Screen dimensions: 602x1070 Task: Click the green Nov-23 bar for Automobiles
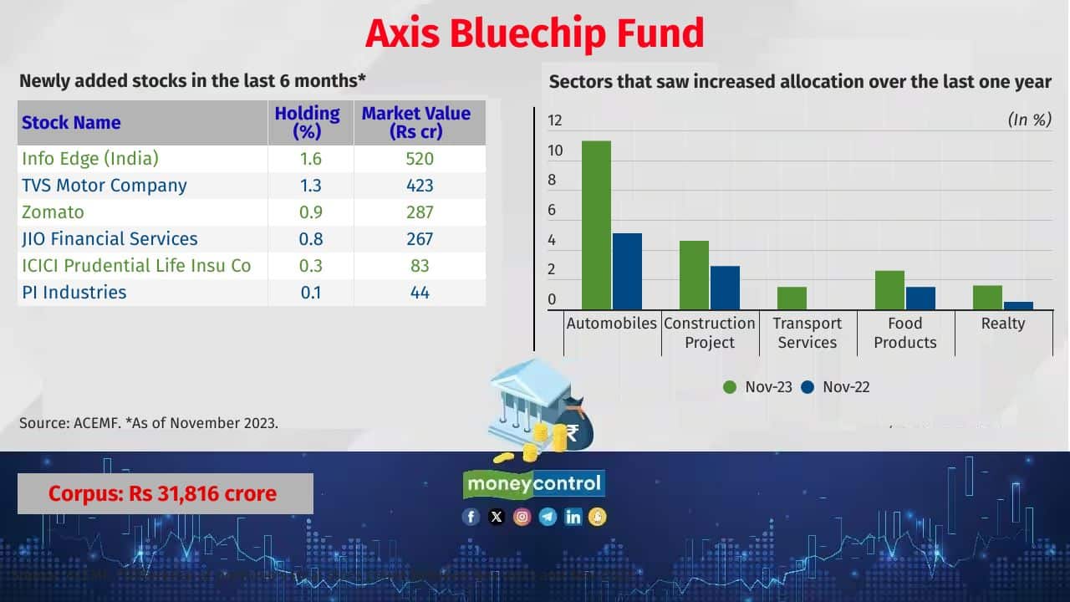pyautogui.click(x=596, y=226)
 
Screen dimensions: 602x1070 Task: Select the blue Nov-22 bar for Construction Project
pyautogui.click(x=725, y=288)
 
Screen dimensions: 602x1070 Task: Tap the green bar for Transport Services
pyautogui.click(x=792, y=298)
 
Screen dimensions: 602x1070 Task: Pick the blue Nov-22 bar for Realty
pyautogui.click(x=1018, y=305)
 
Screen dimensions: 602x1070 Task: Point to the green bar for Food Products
pyautogui.click(x=889, y=290)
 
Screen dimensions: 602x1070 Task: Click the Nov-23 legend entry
pyautogui.click(x=758, y=387)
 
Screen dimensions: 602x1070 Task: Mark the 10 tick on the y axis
pyautogui.click(x=555, y=151)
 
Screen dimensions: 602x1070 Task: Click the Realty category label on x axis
pyautogui.click(x=1002, y=324)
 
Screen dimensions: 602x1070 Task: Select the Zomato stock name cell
pyautogui.click(x=53, y=212)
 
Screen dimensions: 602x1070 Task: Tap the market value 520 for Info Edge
pyautogui.click(x=419, y=159)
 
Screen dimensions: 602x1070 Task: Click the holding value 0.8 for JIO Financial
pyautogui.click(x=310, y=239)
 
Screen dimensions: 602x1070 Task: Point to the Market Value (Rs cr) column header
pyautogui.click(x=415, y=122)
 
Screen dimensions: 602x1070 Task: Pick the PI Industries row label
pyautogui.click(x=74, y=293)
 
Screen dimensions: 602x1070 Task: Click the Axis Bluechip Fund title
pyautogui.click(x=535, y=33)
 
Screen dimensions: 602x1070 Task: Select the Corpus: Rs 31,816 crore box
pyautogui.click(x=166, y=493)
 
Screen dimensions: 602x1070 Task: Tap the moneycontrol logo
pyautogui.click(x=534, y=484)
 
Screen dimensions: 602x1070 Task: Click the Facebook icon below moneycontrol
pyautogui.click(x=471, y=517)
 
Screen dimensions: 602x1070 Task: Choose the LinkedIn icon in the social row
pyautogui.click(x=573, y=517)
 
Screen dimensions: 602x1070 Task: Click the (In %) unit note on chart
pyautogui.click(x=1029, y=120)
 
